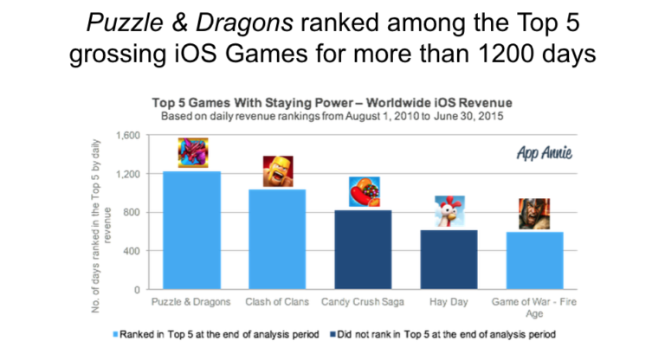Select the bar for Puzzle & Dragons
pyautogui.click(x=191, y=230)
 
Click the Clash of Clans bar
pyautogui.click(x=277, y=239)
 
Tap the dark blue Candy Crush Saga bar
pyautogui.click(x=363, y=250)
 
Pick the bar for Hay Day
pyautogui.click(x=449, y=260)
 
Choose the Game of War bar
pyautogui.click(x=535, y=260)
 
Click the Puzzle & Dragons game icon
pyautogui.click(x=193, y=152)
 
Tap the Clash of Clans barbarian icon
pyautogui.click(x=278, y=171)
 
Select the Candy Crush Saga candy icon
pyautogui.click(x=365, y=191)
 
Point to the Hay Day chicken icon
pyautogui.click(x=450, y=211)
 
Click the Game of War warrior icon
pyautogui.click(x=534, y=214)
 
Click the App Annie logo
pyautogui.click(x=544, y=152)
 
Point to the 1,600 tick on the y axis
pyautogui.click(x=128, y=135)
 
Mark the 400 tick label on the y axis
pyautogui.click(x=132, y=251)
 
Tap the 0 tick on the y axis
pyautogui.click(x=137, y=290)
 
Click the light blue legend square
pyautogui.click(x=115, y=335)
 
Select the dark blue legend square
pyautogui.click(x=332, y=335)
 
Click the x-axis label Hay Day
pyautogui.click(x=449, y=302)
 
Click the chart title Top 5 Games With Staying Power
pyautogui.click(x=253, y=103)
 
